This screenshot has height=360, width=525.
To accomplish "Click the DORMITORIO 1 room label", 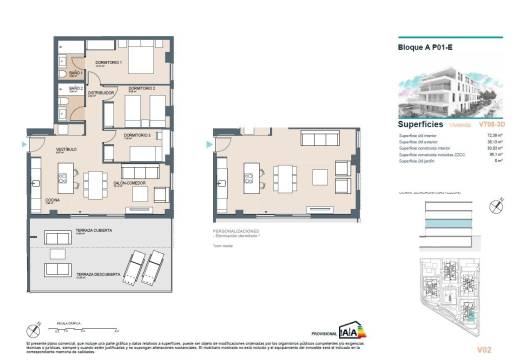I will pyautogui.click(x=108, y=63).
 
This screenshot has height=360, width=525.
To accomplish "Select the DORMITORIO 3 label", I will pyautogui.click(x=137, y=134).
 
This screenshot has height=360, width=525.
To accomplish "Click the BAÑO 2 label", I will pyautogui.click(x=75, y=89).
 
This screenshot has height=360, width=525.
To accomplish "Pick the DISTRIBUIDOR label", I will pyautogui.click(x=101, y=94).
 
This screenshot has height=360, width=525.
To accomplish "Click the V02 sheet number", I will pyautogui.click(x=486, y=348).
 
